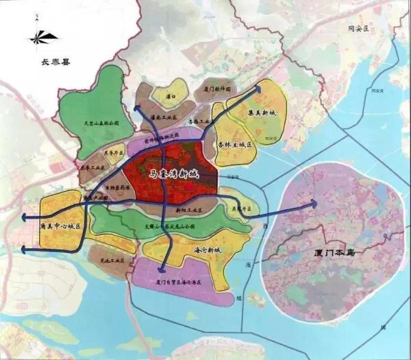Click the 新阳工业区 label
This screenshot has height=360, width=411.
click(x=186, y=205)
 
